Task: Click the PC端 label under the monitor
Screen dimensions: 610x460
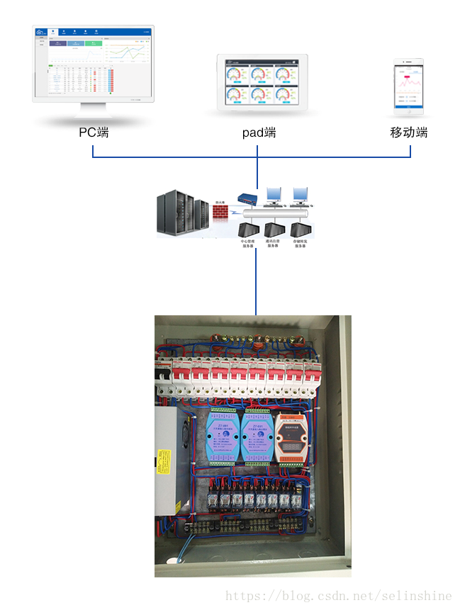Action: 94,132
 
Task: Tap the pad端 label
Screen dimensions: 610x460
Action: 259,132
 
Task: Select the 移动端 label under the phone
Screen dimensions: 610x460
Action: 409,132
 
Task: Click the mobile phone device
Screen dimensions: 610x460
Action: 409,88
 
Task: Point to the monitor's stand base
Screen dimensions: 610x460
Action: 93,121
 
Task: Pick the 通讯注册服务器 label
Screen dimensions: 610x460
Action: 277,244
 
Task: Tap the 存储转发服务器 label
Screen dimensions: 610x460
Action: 305,244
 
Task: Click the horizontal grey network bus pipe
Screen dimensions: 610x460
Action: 276,213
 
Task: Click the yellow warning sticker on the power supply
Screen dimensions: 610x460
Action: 169,463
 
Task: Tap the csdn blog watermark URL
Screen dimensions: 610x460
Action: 338,596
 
